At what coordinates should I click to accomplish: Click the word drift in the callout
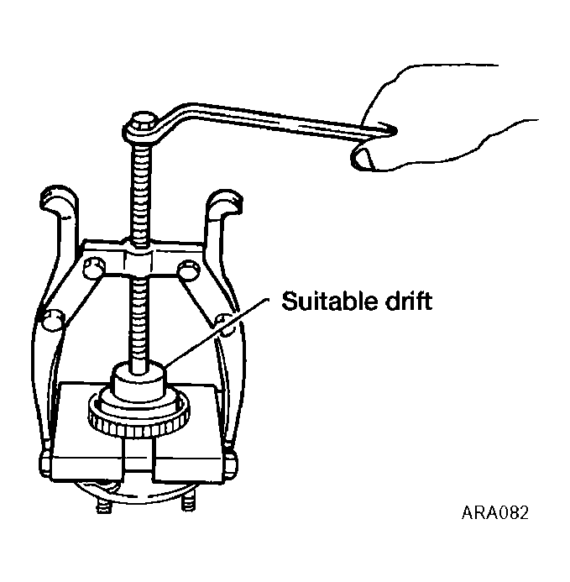pyautogui.click(x=409, y=301)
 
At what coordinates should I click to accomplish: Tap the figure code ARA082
pyautogui.click(x=495, y=513)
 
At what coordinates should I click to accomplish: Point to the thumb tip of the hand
pyautogui.click(x=362, y=159)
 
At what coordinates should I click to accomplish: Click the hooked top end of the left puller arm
pyautogui.click(x=58, y=201)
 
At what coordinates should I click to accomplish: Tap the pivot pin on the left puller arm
pyautogui.click(x=53, y=321)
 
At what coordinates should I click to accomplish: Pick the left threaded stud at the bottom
pyautogui.click(x=104, y=506)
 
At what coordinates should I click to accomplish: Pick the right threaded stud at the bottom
pyautogui.click(x=188, y=501)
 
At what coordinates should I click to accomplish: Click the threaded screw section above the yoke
pyautogui.click(x=140, y=193)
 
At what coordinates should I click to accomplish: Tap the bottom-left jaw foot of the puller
pyautogui.click(x=45, y=460)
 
